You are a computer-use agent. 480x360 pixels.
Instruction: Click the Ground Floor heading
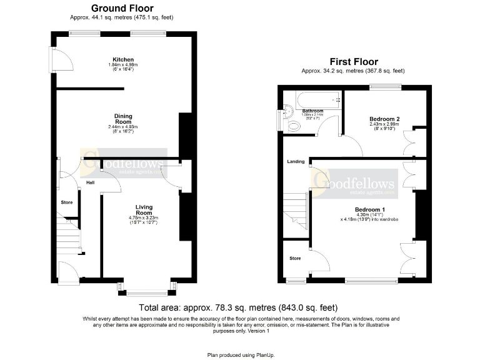point(122,8)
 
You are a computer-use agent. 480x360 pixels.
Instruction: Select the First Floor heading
point(353,62)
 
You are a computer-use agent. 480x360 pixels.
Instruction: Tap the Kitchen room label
point(122,60)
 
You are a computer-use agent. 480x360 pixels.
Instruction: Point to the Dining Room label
point(122,119)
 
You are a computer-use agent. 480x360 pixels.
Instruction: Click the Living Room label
point(144,209)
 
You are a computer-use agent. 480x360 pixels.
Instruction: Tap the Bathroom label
point(312,111)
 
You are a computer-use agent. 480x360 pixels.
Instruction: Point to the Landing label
point(296,162)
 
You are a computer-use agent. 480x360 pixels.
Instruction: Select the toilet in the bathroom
point(295,126)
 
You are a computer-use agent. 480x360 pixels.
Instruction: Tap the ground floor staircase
point(70,236)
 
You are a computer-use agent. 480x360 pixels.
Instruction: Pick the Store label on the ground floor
point(67,202)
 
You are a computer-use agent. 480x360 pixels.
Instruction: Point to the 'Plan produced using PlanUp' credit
point(240,354)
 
